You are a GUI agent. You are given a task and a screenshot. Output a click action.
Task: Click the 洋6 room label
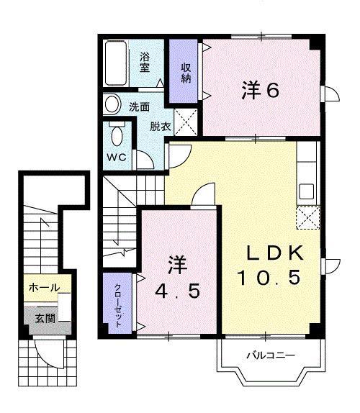tap(260, 90)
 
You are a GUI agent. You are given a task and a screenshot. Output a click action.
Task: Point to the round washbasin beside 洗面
tap(112, 105)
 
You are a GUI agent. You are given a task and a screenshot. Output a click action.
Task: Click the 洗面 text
tap(139, 106)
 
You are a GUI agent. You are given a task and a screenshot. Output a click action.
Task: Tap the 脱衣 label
tap(160, 127)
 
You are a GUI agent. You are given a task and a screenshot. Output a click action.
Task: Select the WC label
tap(117, 157)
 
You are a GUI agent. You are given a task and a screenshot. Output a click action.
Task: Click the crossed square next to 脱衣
tap(186, 122)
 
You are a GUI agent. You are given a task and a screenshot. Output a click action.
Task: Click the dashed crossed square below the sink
tap(307, 217)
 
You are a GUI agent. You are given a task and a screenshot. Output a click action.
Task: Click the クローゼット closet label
tap(118, 304)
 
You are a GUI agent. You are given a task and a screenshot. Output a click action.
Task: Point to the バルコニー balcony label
tap(270, 354)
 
